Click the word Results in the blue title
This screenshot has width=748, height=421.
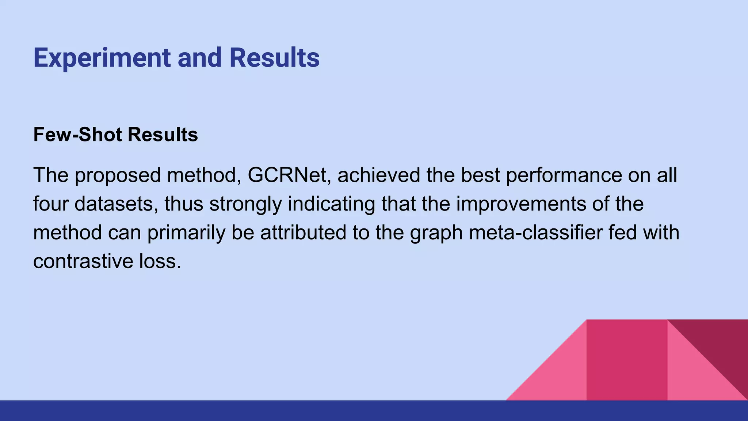tap(274, 58)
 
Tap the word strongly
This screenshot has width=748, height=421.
tap(245, 204)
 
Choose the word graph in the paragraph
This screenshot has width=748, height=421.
tap(436, 233)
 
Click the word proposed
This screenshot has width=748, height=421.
tap(118, 176)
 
